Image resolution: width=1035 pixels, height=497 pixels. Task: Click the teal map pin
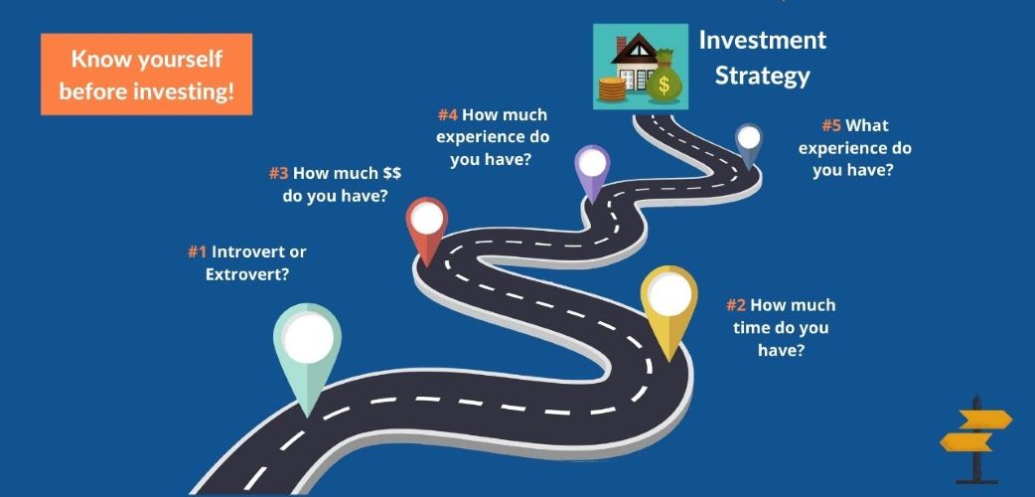pyautogui.click(x=308, y=350)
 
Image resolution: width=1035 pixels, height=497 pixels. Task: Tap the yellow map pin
pyautogui.click(x=668, y=307)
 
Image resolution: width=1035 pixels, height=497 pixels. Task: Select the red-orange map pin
pyautogui.click(x=427, y=228)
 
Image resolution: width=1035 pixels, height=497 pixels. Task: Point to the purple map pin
pyautogui.click(x=592, y=171)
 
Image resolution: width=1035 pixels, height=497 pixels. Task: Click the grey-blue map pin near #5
pyautogui.click(x=749, y=145)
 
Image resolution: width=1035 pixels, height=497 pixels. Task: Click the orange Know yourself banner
pyautogui.click(x=147, y=74)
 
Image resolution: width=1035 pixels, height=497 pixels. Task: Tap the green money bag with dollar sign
pyautogui.click(x=664, y=78)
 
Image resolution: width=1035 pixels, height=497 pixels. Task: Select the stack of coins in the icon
pyautogui.click(x=612, y=89)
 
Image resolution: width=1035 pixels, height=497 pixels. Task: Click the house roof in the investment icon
pyautogui.click(x=638, y=49)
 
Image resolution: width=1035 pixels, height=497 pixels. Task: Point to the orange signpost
pyautogui.click(x=976, y=439)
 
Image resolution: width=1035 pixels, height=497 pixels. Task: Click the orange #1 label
pyautogui.click(x=198, y=251)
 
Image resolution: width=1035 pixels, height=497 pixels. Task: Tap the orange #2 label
pyautogui.click(x=736, y=305)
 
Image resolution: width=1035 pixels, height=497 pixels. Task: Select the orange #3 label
pyautogui.click(x=278, y=174)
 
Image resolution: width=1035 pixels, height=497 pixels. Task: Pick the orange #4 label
pyautogui.click(x=448, y=115)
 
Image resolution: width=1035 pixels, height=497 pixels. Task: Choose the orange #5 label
pyautogui.click(x=831, y=125)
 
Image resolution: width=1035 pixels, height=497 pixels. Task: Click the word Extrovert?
pyautogui.click(x=247, y=274)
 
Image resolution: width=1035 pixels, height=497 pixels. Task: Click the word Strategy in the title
pyautogui.click(x=763, y=76)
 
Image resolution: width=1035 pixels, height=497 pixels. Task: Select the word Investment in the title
pyautogui.click(x=763, y=41)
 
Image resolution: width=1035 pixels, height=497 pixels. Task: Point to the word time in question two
pyautogui.click(x=750, y=328)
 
